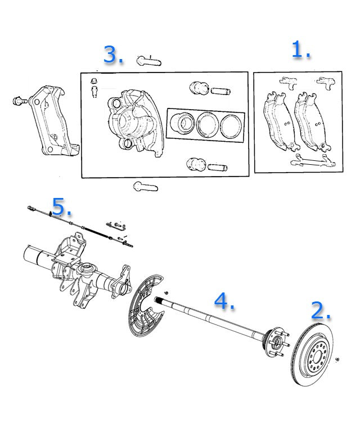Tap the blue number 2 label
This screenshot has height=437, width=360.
(321, 310)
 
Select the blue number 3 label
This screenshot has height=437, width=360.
(112, 55)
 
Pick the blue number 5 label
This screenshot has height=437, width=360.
(61, 207)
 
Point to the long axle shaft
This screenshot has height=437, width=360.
(214, 320)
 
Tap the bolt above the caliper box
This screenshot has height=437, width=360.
(147, 59)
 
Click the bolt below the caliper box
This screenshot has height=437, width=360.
(145, 186)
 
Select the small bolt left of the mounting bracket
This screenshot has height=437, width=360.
(19, 101)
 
